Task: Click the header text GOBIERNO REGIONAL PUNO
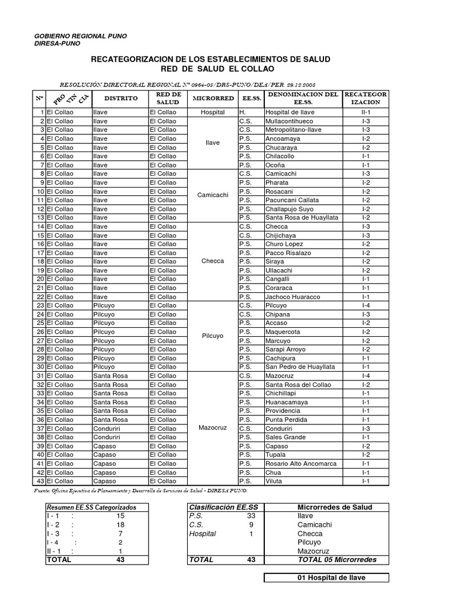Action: [x=80, y=37]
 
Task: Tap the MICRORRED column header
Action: [x=212, y=98]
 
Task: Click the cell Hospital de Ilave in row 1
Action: [x=290, y=112]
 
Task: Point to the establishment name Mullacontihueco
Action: [x=293, y=121]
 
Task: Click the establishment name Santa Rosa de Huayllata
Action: [x=302, y=218]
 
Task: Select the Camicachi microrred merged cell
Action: [x=212, y=196]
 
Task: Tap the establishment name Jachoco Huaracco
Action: [x=293, y=297]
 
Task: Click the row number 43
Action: [x=40, y=482]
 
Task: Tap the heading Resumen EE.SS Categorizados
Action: [x=91, y=507]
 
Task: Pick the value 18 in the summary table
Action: [x=121, y=525]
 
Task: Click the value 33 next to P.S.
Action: [x=251, y=516]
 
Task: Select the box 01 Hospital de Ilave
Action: [x=326, y=578]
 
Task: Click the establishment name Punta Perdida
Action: [x=288, y=420]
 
